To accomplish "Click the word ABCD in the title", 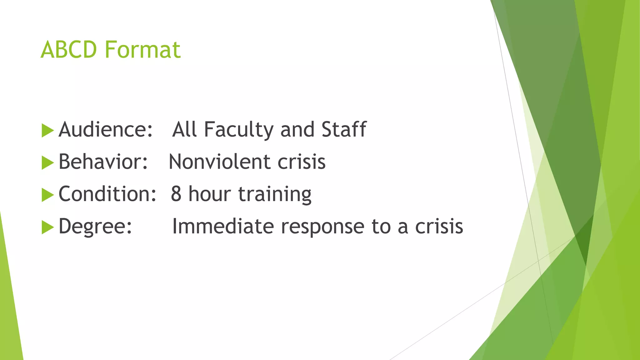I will pyautogui.click(x=68, y=50).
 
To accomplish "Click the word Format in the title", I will pyautogui.click(x=142, y=50).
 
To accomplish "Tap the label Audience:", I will pyautogui.click(x=106, y=129).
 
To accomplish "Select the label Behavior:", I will pyautogui.click(x=103, y=162).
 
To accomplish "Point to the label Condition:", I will pyautogui.click(x=107, y=194).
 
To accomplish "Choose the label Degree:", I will pyautogui.click(x=95, y=226).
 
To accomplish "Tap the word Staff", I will pyautogui.click(x=344, y=129).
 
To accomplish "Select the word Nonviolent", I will pyautogui.click(x=219, y=162).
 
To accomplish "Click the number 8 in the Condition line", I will pyautogui.click(x=176, y=194).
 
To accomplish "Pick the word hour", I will pyautogui.click(x=209, y=194).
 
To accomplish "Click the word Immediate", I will pyautogui.click(x=223, y=226).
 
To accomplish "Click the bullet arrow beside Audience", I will pyautogui.click(x=47, y=130).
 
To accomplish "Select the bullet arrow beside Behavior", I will pyautogui.click(x=47, y=163).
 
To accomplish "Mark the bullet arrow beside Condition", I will pyautogui.click(x=47, y=195).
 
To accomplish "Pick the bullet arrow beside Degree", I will pyautogui.click(x=47, y=227).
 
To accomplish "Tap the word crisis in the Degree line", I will pyautogui.click(x=439, y=226).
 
